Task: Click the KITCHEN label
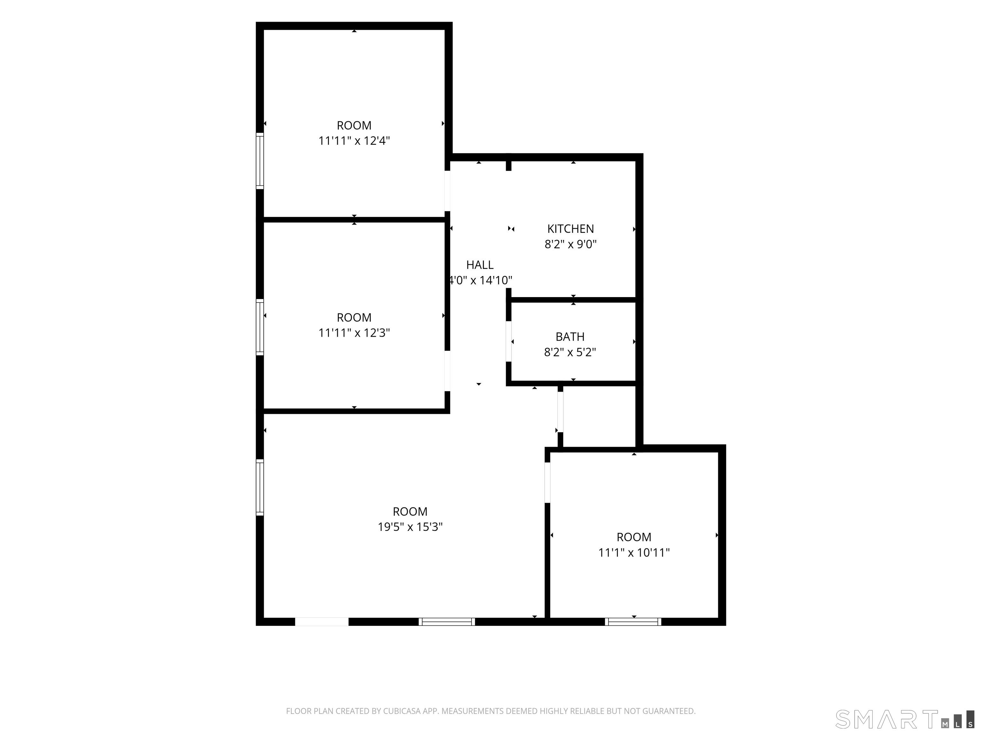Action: point(571,229)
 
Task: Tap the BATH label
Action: point(570,337)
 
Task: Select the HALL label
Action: point(480,265)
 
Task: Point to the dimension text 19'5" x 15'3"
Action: point(410,526)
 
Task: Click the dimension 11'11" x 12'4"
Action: point(354,141)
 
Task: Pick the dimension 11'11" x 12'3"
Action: point(354,333)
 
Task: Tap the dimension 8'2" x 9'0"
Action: point(571,244)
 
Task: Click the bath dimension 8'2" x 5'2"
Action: point(570,352)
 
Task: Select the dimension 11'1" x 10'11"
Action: point(634,552)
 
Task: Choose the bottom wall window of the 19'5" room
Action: point(447,622)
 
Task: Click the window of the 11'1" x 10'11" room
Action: point(633,622)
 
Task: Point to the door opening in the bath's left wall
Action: point(509,341)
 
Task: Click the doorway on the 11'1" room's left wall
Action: point(547,483)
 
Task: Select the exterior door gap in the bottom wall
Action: point(322,622)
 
